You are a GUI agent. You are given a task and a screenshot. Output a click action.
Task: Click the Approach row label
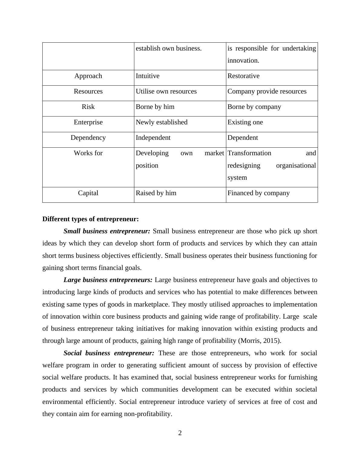(x=88, y=76)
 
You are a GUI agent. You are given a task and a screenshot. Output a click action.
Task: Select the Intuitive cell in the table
(x=148, y=76)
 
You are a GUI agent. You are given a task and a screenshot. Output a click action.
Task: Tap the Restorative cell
(x=243, y=76)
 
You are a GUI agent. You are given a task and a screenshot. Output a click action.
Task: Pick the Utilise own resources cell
(x=166, y=91)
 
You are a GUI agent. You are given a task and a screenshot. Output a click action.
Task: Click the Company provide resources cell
(x=267, y=91)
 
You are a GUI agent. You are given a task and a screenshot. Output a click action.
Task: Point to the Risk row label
(x=88, y=107)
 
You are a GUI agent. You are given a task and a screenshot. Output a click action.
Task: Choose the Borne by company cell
(x=254, y=107)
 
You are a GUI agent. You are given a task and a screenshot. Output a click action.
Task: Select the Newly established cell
(x=162, y=122)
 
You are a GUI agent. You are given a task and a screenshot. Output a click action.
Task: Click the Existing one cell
(x=245, y=122)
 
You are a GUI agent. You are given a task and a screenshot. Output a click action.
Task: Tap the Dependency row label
(x=88, y=138)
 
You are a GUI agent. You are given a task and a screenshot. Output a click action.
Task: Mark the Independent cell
(x=153, y=138)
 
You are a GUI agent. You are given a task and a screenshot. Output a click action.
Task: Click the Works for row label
(x=88, y=153)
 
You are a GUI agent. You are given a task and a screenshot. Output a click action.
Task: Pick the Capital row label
(x=88, y=193)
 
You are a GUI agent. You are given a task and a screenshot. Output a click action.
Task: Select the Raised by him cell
(x=156, y=193)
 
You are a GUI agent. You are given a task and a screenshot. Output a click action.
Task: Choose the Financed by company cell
(x=258, y=193)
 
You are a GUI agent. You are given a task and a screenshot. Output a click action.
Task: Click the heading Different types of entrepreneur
(x=90, y=219)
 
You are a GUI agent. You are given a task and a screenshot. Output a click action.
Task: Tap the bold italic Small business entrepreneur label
(x=107, y=231)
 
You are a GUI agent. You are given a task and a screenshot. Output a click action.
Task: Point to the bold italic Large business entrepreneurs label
(x=108, y=280)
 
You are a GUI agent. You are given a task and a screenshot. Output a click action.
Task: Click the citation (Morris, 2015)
(x=260, y=341)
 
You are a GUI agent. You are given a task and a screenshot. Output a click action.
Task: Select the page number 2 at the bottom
(x=180, y=433)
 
